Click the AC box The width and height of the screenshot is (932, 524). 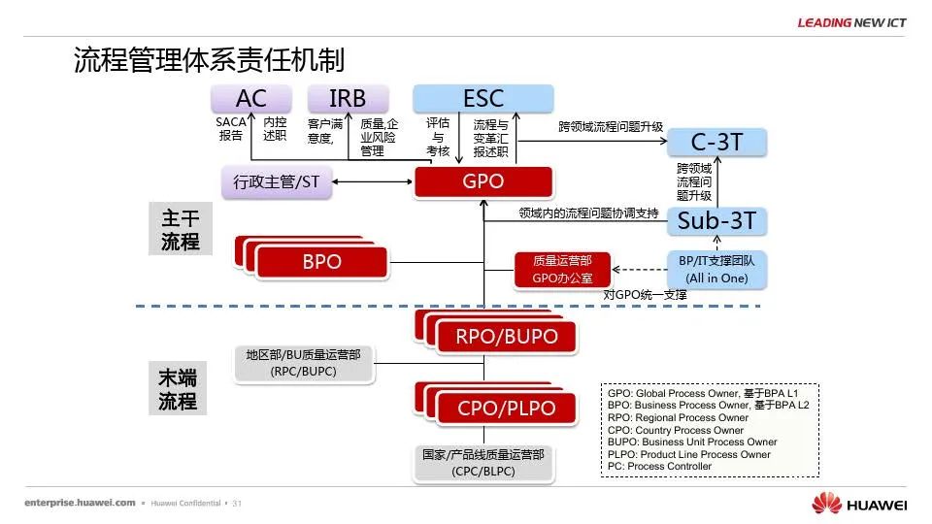[x=251, y=98]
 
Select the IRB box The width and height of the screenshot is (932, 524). [x=348, y=98]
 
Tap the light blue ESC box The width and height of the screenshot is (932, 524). [x=483, y=98]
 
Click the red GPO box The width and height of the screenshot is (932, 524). [x=483, y=181]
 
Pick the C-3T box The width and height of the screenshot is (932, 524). [x=716, y=143]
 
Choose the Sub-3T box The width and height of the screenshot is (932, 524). [x=716, y=221]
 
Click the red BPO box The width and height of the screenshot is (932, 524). [x=321, y=262]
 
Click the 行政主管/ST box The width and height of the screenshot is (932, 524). [x=277, y=181]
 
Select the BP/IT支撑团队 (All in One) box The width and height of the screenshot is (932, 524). [x=716, y=270]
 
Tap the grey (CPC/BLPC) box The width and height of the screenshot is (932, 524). [x=483, y=463]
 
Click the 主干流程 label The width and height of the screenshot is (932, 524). [x=181, y=230]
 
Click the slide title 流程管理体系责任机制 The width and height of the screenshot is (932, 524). [x=209, y=60]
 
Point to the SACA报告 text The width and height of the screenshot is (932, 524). [x=231, y=129]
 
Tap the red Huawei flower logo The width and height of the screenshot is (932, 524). [x=826, y=504]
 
